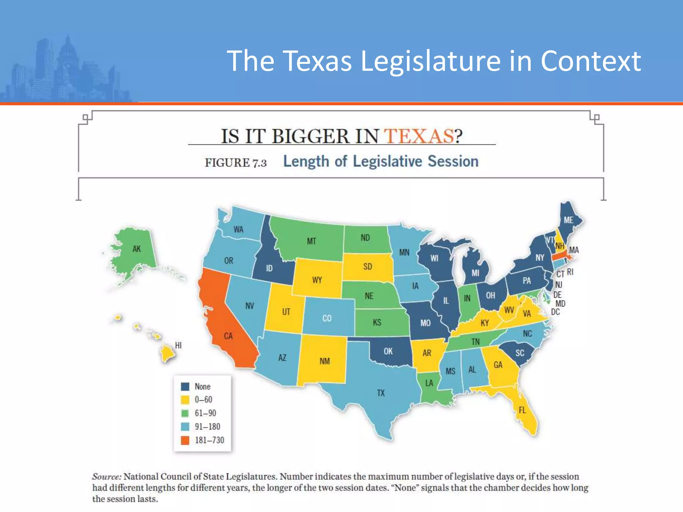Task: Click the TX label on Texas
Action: pyautogui.click(x=381, y=393)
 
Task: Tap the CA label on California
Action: pyautogui.click(x=228, y=336)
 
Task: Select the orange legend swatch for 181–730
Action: pyautogui.click(x=185, y=440)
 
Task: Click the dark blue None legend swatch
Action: pyautogui.click(x=185, y=387)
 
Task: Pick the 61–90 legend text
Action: pyautogui.click(x=205, y=413)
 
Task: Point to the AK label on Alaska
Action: pyautogui.click(x=137, y=249)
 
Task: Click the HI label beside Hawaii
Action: pyautogui.click(x=178, y=345)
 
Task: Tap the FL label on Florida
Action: pyautogui.click(x=522, y=410)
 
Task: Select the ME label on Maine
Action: pyautogui.click(x=569, y=220)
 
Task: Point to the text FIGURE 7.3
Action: pyautogui.click(x=235, y=163)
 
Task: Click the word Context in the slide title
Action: pyautogui.click(x=591, y=61)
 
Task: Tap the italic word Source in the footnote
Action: pyautogui.click(x=106, y=476)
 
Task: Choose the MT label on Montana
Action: pyautogui.click(x=311, y=241)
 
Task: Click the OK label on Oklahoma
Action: pyautogui.click(x=388, y=351)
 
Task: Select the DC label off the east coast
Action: pyautogui.click(x=555, y=312)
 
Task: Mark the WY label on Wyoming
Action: pyautogui.click(x=317, y=280)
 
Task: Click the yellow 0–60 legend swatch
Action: pyautogui.click(x=185, y=400)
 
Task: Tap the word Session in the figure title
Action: pyautogui.click(x=453, y=161)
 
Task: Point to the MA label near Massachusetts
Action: pyautogui.click(x=574, y=250)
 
